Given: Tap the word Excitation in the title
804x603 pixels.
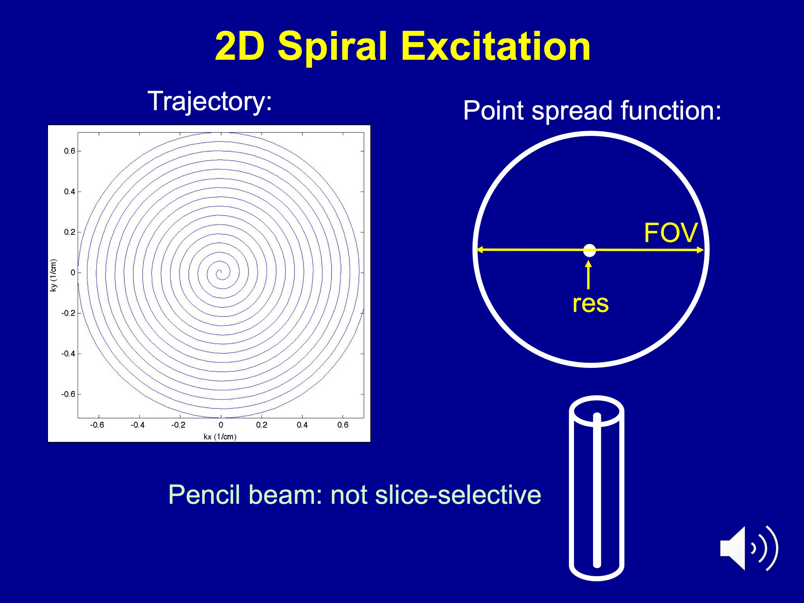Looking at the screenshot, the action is (495, 47).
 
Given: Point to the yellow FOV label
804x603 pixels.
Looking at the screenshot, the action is (670, 233).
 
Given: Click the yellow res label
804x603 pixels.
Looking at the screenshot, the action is (590, 304).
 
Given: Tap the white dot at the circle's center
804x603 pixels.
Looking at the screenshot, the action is (590, 250).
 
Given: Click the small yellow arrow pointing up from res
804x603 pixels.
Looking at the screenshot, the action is (588, 276).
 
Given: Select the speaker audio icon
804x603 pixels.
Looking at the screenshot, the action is (749, 547).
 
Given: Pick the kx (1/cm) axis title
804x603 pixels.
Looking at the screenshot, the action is (220, 436).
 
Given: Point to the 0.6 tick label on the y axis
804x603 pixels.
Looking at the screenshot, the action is (69, 151).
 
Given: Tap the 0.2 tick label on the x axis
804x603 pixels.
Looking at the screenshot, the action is (261, 425).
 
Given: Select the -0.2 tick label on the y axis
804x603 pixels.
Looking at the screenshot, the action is (68, 313).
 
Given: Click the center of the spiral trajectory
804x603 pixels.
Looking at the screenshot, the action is (219, 273).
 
